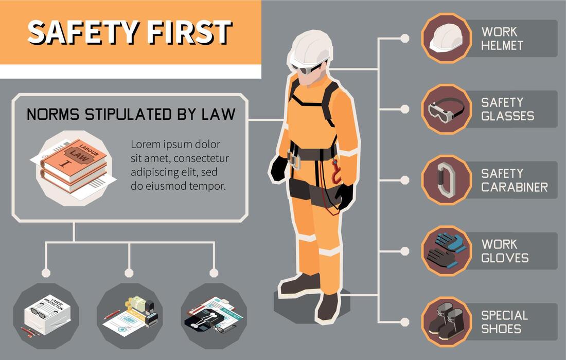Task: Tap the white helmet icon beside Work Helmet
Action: tap(446, 39)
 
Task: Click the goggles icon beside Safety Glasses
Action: tap(446, 109)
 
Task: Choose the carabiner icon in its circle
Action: tap(446, 180)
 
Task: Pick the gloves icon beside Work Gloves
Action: tap(446, 251)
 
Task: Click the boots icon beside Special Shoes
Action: tap(446, 321)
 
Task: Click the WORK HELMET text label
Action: tap(502, 39)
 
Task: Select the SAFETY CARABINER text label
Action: tap(514, 180)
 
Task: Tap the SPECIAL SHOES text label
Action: tap(504, 321)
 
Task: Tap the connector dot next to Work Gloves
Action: tap(405, 251)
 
